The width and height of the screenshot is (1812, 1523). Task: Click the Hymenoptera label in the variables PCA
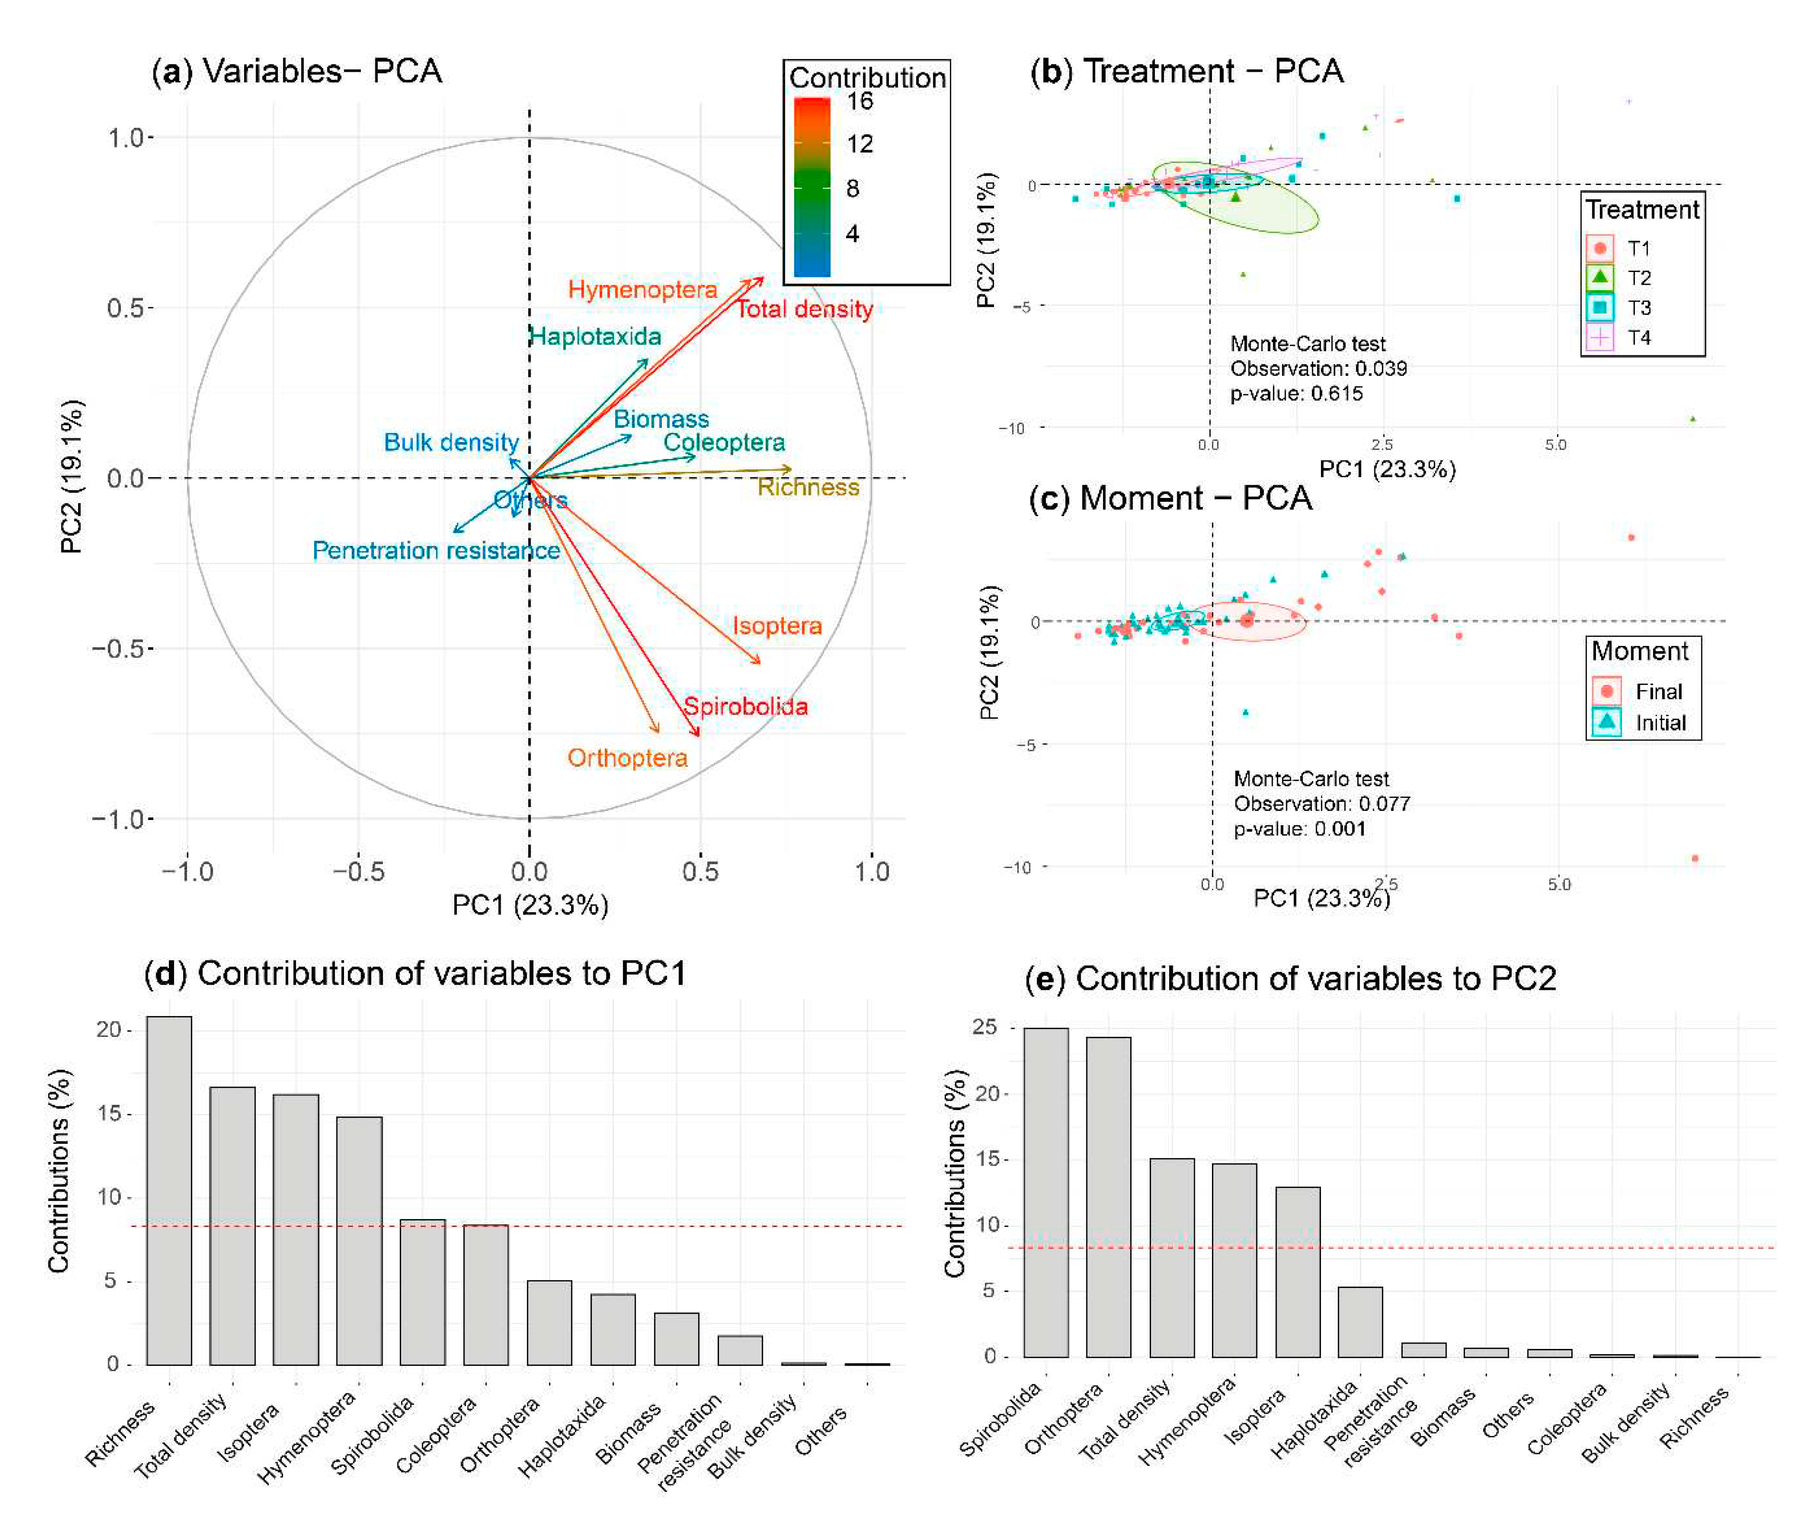tap(642, 289)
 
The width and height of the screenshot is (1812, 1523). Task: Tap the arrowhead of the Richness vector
tap(789, 469)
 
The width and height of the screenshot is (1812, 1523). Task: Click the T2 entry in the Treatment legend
tap(1638, 278)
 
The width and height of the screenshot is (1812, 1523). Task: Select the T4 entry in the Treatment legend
tap(1638, 338)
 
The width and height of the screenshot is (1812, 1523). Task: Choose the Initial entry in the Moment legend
tap(1659, 722)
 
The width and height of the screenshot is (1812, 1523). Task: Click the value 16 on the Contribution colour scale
tap(859, 102)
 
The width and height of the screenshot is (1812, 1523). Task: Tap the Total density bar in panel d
tap(232, 1226)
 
